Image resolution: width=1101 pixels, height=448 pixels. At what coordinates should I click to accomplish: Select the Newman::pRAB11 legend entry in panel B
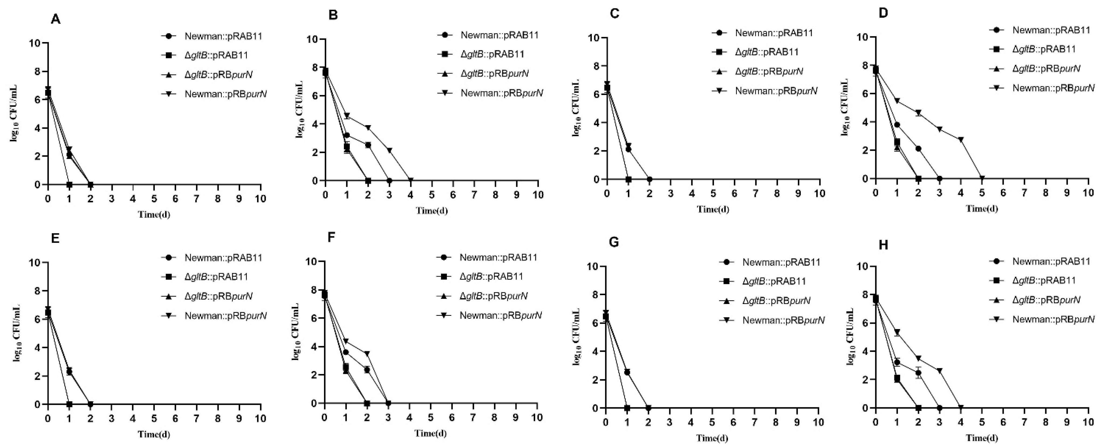[x=499, y=35]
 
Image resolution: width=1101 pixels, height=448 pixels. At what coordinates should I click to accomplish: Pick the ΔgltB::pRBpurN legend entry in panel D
[x=1046, y=69]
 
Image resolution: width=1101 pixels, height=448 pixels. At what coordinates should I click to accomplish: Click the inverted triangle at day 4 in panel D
[x=961, y=139]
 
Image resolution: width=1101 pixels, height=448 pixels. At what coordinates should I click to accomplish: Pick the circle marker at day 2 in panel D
[x=918, y=149]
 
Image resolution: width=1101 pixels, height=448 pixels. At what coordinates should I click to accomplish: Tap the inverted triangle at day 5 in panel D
[x=982, y=178]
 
